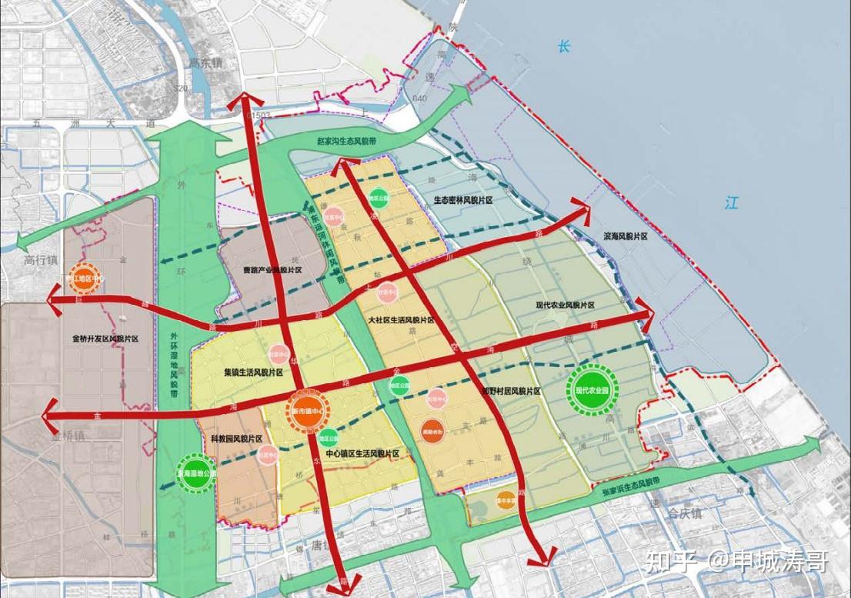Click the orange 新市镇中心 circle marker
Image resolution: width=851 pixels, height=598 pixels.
(x=307, y=411)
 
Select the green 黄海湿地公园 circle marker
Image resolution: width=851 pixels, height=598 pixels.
(x=197, y=475)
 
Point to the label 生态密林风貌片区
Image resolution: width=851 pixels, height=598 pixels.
(x=462, y=200)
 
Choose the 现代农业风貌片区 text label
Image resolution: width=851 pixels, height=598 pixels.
(x=566, y=305)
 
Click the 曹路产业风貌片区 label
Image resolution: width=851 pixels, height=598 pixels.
(x=272, y=270)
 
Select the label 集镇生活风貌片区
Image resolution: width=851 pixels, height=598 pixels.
(x=254, y=372)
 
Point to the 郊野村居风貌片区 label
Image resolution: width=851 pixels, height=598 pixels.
(x=510, y=392)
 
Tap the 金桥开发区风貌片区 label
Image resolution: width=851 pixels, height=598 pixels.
(x=105, y=338)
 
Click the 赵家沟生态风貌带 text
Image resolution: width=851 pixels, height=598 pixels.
(x=351, y=142)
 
